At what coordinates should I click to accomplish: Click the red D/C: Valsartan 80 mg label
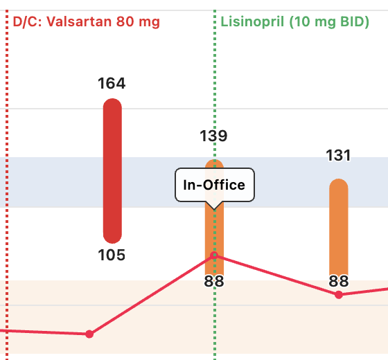click(87, 21)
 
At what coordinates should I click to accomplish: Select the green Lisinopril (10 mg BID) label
click(294, 21)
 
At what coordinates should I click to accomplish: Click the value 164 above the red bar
click(112, 84)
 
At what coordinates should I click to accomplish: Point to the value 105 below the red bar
click(112, 255)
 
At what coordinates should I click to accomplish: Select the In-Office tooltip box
click(214, 185)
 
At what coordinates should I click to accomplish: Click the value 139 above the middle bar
click(213, 136)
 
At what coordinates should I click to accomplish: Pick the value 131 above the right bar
click(338, 156)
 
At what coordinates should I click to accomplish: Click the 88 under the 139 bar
click(213, 281)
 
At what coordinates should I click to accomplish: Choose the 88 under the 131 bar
click(338, 281)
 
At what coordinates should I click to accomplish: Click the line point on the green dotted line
click(214, 255)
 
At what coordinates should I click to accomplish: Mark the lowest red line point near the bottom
click(89, 334)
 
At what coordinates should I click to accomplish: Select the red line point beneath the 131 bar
click(338, 295)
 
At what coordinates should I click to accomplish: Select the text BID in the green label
click(351, 21)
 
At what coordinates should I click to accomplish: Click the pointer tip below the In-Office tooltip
click(214, 207)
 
